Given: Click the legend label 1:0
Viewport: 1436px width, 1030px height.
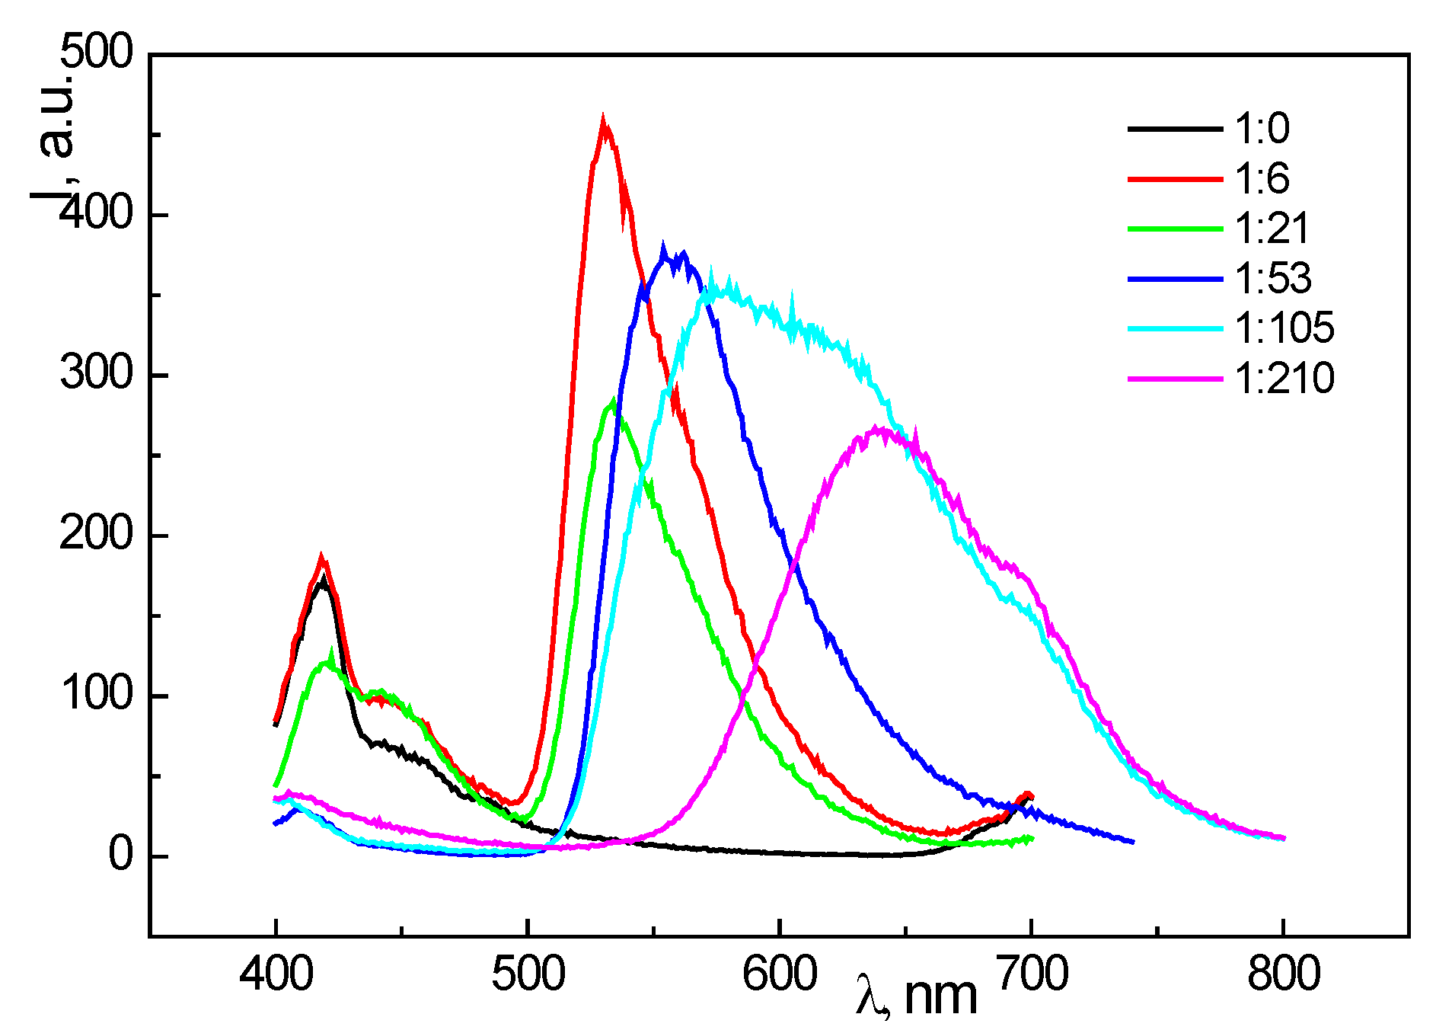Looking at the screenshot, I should [x=1262, y=128].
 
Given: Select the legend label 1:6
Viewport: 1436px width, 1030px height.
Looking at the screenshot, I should [x=1262, y=178].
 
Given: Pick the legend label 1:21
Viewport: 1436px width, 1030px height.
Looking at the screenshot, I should [x=1271, y=228].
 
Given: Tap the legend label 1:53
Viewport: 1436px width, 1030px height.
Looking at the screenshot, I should [x=1272, y=278].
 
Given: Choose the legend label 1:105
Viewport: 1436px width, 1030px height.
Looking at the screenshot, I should [x=1284, y=328].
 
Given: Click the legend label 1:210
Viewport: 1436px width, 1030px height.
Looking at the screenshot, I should [x=1284, y=378].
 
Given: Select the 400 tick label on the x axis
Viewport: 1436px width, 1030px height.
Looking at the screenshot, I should [x=276, y=974].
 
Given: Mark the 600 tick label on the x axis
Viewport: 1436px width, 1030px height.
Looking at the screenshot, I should [x=779, y=974].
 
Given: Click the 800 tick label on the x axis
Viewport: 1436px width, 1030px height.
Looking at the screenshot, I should [x=1283, y=974].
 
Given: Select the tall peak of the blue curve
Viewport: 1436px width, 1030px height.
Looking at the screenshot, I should [x=664, y=250].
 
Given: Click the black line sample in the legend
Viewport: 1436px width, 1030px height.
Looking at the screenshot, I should [x=1174, y=129].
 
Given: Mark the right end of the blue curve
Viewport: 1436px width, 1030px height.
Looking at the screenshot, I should [x=1133, y=842].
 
